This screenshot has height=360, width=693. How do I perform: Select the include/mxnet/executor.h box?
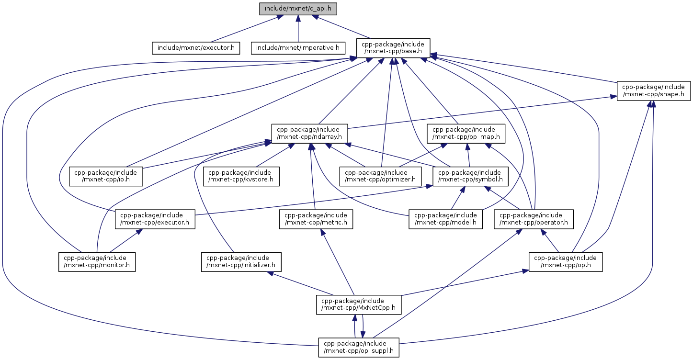click(x=196, y=48)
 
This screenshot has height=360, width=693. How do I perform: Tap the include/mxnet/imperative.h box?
click(x=298, y=48)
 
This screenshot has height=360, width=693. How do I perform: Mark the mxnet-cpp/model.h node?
click(x=445, y=219)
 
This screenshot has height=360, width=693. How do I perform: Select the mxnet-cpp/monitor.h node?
click(x=97, y=261)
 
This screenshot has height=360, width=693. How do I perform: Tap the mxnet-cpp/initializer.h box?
click(x=241, y=261)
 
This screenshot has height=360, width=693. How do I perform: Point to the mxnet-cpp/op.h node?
click(x=566, y=261)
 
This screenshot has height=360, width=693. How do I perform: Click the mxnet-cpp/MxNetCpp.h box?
click(x=359, y=304)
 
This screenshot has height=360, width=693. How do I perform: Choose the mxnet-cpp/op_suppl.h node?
click(x=359, y=347)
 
